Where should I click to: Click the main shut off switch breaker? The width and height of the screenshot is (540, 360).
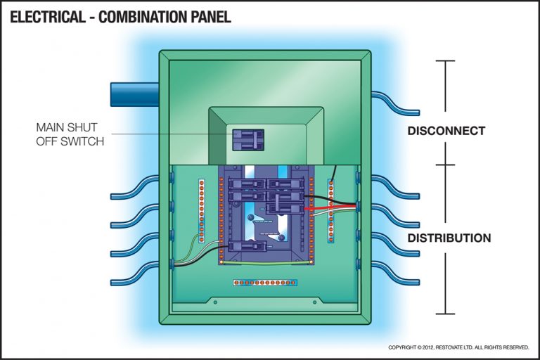tap(247, 139)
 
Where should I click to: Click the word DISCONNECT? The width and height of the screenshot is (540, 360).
tap(446, 131)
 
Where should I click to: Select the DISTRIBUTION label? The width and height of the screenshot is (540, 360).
tap(449, 238)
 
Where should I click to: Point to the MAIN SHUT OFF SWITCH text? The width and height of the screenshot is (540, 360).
tap(70, 134)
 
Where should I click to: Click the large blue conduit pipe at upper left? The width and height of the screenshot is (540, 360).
tap(134, 94)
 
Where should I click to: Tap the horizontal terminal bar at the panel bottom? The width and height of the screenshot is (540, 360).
tap(265, 283)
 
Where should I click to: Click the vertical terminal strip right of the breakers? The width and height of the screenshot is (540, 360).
tap(330, 208)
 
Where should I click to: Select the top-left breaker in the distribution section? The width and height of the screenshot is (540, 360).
tap(244, 184)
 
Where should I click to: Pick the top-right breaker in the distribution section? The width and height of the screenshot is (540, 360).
tap(285, 184)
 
